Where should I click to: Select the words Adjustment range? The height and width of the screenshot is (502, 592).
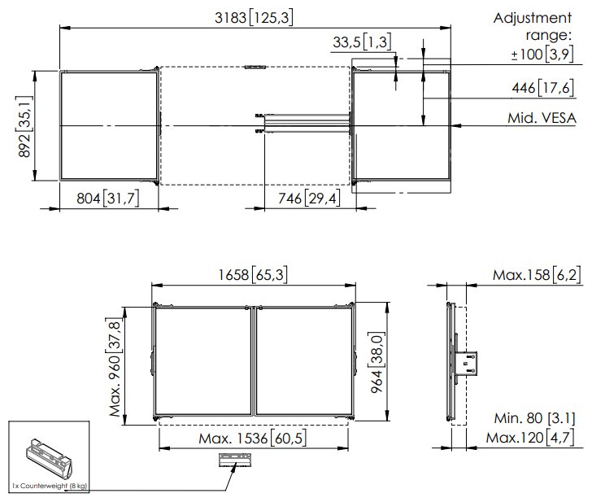(533, 27)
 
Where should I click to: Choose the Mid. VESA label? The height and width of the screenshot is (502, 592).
(542, 120)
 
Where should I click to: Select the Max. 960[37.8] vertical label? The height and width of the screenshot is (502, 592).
(120, 363)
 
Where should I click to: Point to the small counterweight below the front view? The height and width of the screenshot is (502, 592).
(235, 460)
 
